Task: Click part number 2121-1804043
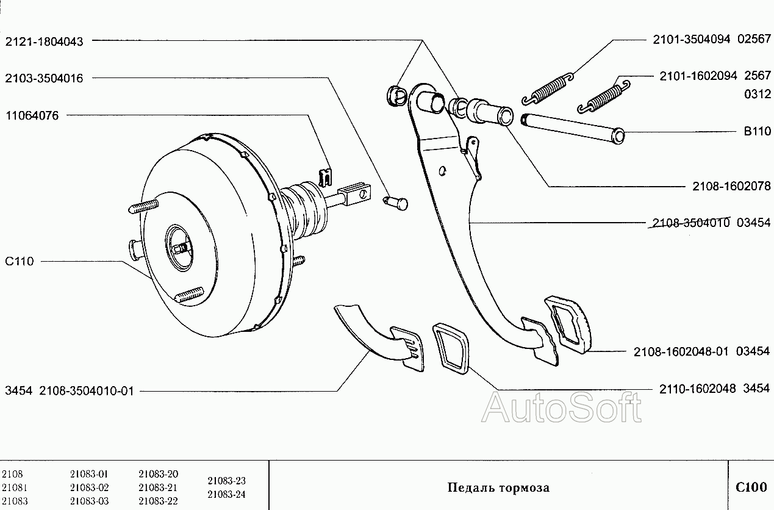45,41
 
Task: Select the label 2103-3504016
45,78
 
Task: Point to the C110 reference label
20,262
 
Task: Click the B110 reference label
757,131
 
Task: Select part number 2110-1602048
697,388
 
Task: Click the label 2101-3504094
692,39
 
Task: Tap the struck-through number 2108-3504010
691,223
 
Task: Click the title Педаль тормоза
498,487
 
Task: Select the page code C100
751,487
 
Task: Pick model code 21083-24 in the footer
226,494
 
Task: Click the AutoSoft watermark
562,408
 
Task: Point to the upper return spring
548,89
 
